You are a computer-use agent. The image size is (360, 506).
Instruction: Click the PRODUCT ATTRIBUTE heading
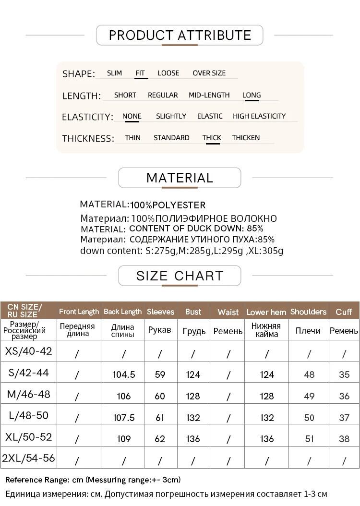(180, 35)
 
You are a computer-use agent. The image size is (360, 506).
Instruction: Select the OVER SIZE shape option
(209, 73)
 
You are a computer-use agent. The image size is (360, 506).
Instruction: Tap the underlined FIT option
(140, 73)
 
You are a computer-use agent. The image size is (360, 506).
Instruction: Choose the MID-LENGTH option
(209, 95)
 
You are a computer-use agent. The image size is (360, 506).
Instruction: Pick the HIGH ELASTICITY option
(259, 116)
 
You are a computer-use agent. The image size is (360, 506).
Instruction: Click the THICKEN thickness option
(246, 138)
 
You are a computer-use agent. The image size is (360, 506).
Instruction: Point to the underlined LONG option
(252, 95)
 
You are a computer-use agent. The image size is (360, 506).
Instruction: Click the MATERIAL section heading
(180, 178)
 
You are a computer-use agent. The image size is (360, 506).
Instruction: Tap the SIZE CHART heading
(180, 276)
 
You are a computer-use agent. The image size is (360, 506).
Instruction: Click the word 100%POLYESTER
(168, 205)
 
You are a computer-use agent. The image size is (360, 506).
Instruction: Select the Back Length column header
(123, 312)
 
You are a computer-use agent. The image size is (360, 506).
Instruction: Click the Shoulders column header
(308, 312)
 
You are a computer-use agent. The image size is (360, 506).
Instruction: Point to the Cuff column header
(344, 312)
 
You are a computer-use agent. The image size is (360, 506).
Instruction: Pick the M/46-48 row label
(28, 395)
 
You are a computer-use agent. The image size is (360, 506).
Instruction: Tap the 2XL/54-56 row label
(28, 458)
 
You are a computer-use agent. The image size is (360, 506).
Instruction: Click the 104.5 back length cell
(124, 374)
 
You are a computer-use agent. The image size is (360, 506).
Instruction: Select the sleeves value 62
(160, 439)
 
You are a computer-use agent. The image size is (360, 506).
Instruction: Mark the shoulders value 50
(309, 418)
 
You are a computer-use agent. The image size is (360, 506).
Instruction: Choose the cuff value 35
(344, 374)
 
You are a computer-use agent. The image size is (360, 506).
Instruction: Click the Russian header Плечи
(308, 331)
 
